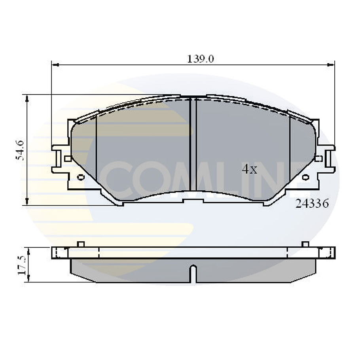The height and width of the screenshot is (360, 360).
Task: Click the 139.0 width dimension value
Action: [200, 59]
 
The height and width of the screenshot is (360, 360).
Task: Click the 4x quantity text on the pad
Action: [249, 170]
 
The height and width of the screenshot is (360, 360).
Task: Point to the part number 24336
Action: [312, 204]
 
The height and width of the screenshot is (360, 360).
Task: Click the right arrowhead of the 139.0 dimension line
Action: [332, 64]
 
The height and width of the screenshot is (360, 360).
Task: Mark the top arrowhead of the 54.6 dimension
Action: [27, 98]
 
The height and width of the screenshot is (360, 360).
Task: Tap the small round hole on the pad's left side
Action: [81, 177]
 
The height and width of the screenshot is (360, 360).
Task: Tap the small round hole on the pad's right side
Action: [305, 177]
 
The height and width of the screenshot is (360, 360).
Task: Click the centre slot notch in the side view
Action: [193, 273]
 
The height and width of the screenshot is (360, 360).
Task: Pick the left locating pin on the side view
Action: [81, 244]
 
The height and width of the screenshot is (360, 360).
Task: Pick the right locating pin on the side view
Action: [305, 244]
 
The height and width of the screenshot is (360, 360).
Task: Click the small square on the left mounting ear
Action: [68, 159]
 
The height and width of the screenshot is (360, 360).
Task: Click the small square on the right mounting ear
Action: [319, 159]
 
